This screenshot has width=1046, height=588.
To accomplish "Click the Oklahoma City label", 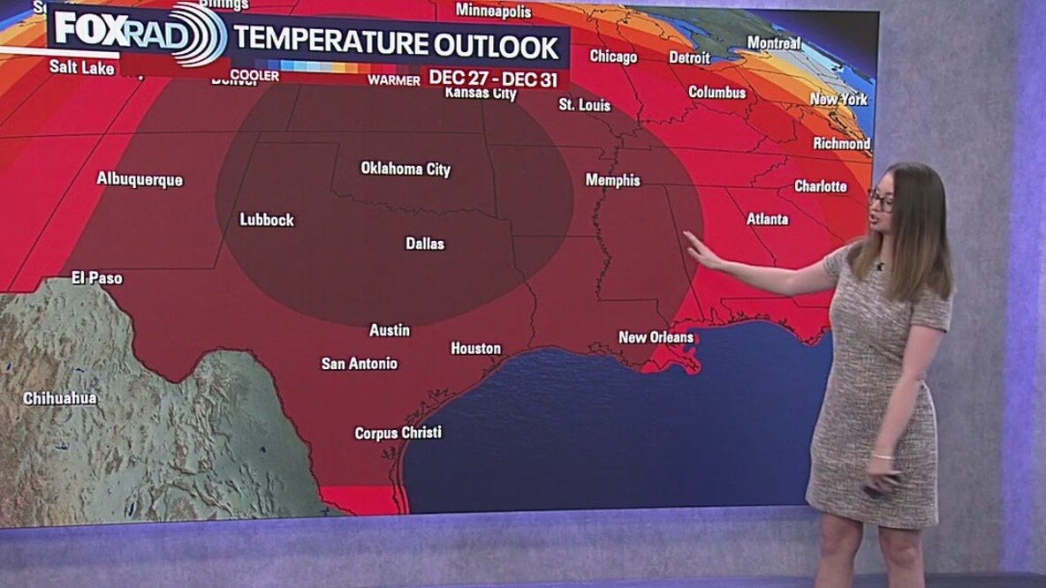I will [x=406, y=169].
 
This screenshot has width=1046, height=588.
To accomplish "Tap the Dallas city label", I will [x=425, y=243].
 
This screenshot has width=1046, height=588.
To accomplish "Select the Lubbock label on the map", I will [x=267, y=220].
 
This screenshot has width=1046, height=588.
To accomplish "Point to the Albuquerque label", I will [x=140, y=179].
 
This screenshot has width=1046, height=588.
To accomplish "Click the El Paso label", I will [x=97, y=278].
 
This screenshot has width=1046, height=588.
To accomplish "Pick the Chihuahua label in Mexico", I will [x=60, y=398].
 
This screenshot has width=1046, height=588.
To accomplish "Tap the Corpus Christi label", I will [x=398, y=433].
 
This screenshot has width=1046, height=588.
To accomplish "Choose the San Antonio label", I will [x=359, y=363].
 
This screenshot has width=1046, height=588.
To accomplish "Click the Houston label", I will [x=476, y=349].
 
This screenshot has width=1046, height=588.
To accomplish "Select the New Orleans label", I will [x=655, y=336].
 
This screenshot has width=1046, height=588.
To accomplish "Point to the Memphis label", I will [x=612, y=179].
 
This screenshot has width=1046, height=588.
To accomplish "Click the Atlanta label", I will [x=767, y=219].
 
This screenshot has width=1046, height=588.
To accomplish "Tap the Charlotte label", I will [x=820, y=186].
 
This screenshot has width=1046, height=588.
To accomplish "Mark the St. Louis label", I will [x=584, y=105].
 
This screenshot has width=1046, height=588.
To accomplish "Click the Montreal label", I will [x=774, y=42].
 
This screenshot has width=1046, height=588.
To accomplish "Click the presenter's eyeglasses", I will [x=880, y=200].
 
